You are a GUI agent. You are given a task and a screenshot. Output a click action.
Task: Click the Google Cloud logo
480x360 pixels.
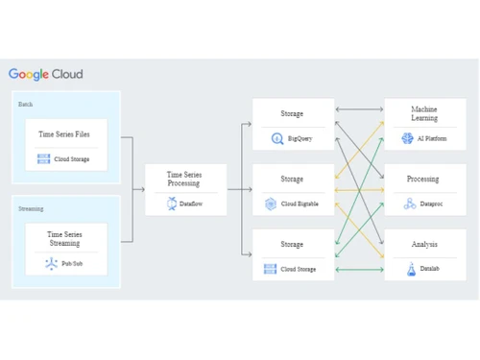pyautogui.click(x=46, y=74)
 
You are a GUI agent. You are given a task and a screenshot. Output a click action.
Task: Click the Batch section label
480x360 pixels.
pyautogui.click(x=26, y=103)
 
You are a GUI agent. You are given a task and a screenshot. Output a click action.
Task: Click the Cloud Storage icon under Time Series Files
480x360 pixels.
pyautogui.click(x=43, y=158)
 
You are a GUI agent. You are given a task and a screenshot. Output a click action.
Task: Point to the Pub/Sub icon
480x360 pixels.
pyautogui.click(x=51, y=264)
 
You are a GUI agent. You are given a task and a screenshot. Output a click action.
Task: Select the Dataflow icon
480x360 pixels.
pyautogui.click(x=171, y=204)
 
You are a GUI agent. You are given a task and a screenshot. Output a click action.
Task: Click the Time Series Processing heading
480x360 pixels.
pyautogui.click(x=186, y=180)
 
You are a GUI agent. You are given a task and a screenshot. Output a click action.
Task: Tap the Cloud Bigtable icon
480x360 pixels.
pyautogui.click(x=271, y=204)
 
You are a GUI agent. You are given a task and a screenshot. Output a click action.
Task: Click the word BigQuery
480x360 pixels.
pyautogui.click(x=300, y=139)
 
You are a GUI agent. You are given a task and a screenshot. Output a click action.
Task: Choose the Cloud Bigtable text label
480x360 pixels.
pyautogui.click(x=300, y=204)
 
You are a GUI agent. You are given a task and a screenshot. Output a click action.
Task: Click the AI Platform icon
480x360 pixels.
pyautogui.click(x=407, y=139)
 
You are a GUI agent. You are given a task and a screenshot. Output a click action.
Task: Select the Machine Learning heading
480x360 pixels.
pyautogui.click(x=424, y=114)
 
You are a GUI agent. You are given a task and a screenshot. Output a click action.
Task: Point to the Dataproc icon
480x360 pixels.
pyautogui.click(x=410, y=204)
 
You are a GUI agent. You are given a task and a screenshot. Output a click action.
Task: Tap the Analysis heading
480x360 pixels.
pyautogui.click(x=424, y=245)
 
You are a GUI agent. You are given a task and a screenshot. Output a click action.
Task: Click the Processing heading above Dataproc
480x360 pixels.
pyautogui.click(x=424, y=180)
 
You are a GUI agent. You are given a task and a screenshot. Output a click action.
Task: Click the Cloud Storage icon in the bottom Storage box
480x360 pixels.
pyautogui.click(x=271, y=270)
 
